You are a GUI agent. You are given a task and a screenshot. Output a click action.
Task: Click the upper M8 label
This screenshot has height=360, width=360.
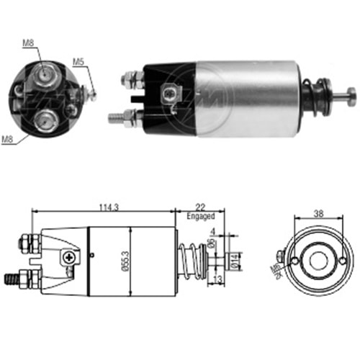pos(28,44)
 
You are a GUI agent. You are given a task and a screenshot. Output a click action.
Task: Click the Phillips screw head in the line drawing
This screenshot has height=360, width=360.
pos(69,256)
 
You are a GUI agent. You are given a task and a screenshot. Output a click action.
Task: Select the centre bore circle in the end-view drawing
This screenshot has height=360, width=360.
pos(318,259)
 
